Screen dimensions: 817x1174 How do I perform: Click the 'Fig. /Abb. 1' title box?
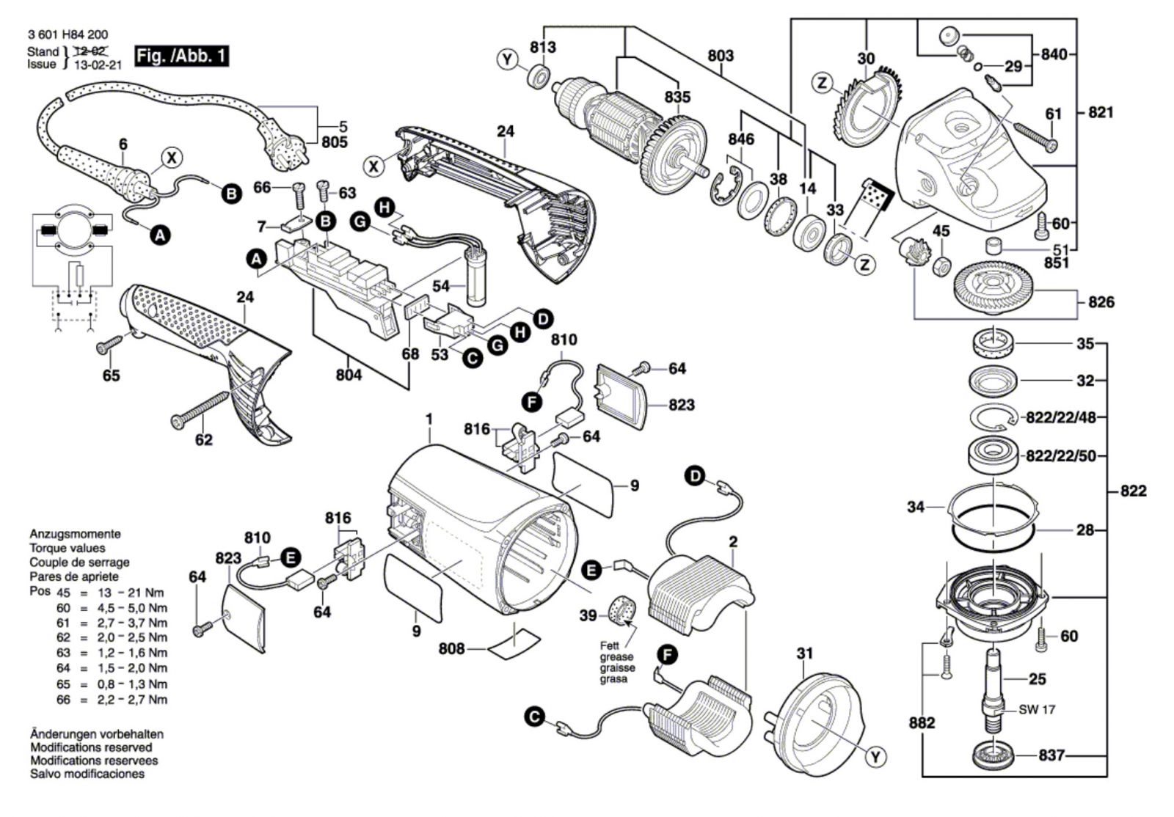click(181, 56)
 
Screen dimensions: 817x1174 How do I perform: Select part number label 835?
click(677, 97)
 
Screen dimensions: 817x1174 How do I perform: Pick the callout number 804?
click(349, 375)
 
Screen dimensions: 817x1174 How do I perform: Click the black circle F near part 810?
click(531, 400)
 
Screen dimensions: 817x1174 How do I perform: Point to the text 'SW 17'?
click(1037, 710)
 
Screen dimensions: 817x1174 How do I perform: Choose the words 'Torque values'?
click(67, 548)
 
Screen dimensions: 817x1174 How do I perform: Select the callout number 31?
click(805, 653)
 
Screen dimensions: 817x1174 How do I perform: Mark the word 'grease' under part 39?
click(616, 657)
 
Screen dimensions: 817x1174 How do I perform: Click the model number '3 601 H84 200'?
click(68, 34)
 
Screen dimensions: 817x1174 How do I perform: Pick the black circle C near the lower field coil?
click(536, 716)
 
